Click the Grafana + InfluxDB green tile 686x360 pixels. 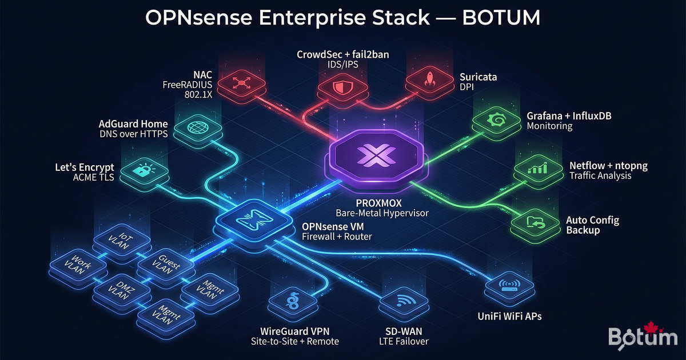[494, 121]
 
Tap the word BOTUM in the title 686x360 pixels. [501, 18]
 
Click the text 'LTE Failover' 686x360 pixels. [403, 342]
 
